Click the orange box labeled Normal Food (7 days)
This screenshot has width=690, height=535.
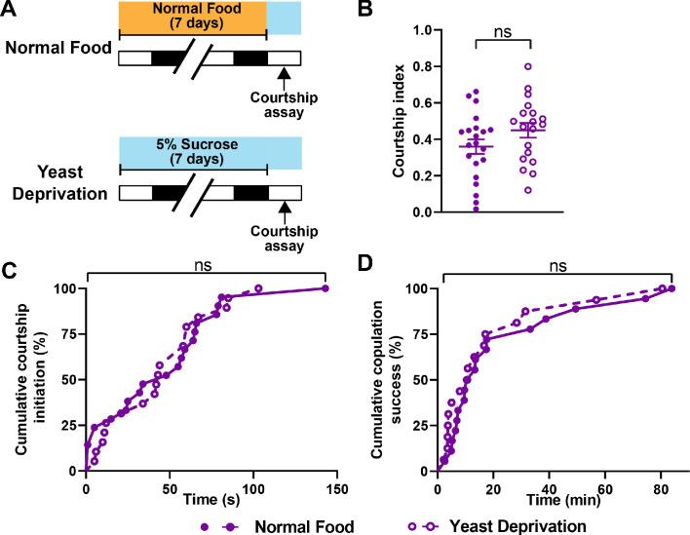192,19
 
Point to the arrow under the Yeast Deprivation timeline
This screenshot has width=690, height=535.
284,206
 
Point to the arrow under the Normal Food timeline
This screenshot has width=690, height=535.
284,72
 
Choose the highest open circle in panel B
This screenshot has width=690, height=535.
527,66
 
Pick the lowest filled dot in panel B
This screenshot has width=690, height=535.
475,209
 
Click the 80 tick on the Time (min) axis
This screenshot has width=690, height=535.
662,484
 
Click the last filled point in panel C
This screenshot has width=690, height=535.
325,287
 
